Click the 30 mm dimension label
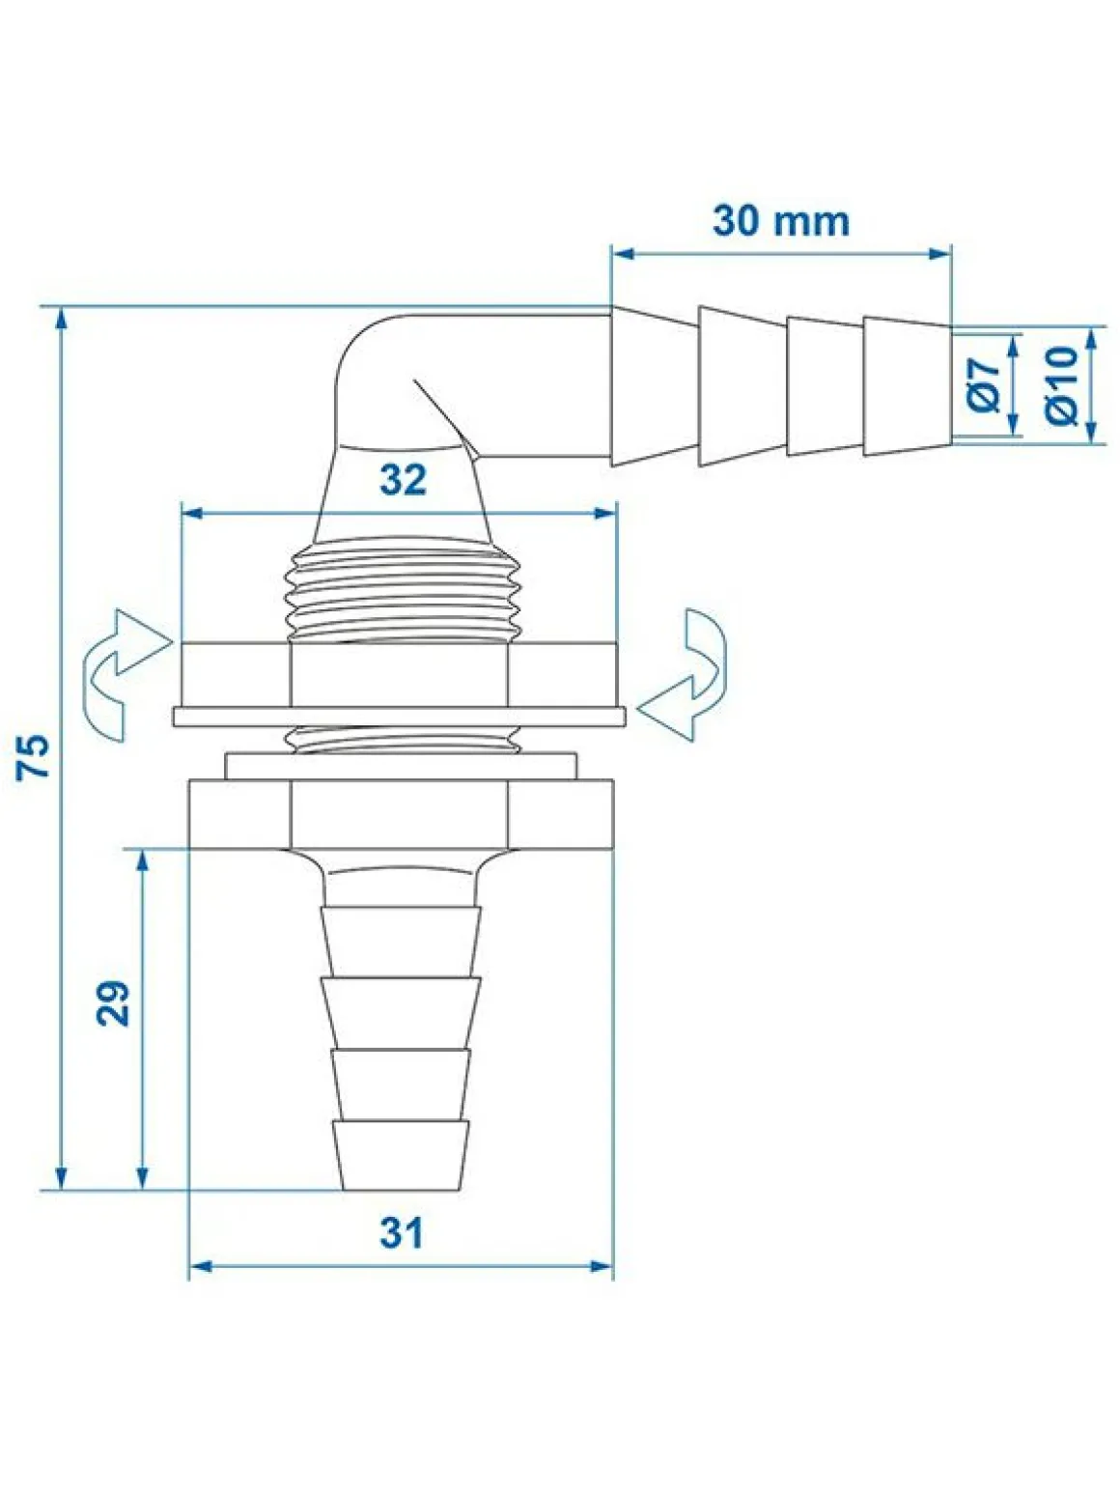point(781,221)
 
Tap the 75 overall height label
point(34,756)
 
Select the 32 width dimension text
point(403,480)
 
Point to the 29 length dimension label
point(113,1002)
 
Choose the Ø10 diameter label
point(1062,385)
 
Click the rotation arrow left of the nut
point(124,674)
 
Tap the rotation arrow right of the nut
point(685,674)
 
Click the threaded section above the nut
point(403,589)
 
